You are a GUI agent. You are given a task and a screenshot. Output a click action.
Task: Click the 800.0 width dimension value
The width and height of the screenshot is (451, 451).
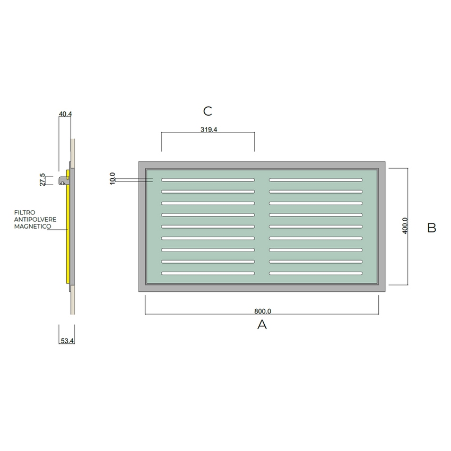pos(263,311)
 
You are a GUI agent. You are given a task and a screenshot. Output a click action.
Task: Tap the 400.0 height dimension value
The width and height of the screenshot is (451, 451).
pos(405,226)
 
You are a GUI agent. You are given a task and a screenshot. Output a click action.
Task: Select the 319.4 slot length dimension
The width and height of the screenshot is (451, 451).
pos(209,129)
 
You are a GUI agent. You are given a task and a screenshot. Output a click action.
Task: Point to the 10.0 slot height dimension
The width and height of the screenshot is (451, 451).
pos(112,178)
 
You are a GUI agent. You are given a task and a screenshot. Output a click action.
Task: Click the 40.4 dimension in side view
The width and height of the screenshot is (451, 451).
pos(65,114)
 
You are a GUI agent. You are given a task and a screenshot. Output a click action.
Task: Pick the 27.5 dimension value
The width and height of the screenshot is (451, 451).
pos(42,179)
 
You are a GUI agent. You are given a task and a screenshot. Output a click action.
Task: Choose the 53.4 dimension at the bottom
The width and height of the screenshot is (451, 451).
pos(67,341)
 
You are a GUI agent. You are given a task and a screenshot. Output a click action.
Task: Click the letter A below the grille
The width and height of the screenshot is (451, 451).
pos(262,324)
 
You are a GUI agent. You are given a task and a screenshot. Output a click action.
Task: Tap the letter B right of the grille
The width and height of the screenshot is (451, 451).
pos(432,228)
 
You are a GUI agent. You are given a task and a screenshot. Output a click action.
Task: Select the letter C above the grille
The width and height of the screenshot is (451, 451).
pos(207,111)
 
